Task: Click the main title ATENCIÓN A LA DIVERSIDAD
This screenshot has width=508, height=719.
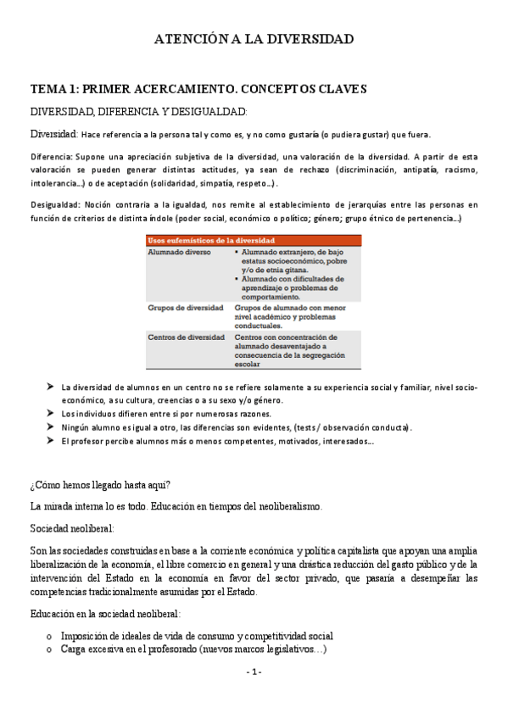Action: click(254, 39)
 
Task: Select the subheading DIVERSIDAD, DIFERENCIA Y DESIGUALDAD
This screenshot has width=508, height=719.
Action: click(139, 111)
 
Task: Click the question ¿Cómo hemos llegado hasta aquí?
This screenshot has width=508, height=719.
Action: click(100, 485)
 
